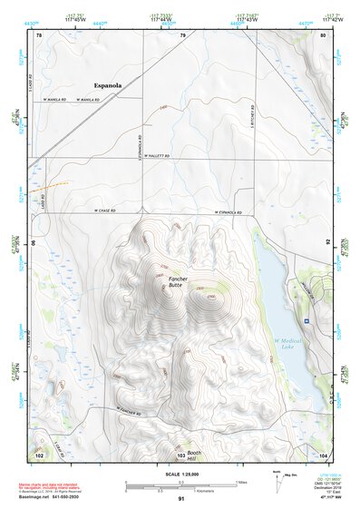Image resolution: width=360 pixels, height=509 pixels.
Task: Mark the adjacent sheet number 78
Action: pyautogui.click(x=39, y=35)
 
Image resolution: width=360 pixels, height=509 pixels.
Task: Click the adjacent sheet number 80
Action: pyautogui.click(x=323, y=35)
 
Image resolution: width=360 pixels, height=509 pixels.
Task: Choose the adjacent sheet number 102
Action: pyautogui.click(x=39, y=452)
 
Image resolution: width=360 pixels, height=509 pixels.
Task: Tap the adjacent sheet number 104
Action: pyautogui.click(x=323, y=452)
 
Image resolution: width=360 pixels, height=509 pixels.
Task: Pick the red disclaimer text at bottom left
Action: pyautogui.click(x=51, y=488)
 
